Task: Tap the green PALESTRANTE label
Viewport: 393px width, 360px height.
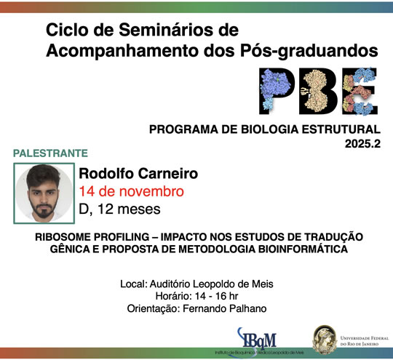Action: point(51,153)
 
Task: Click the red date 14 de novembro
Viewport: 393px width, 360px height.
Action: point(131,192)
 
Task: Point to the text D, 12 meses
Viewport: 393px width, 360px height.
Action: point(119,209)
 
